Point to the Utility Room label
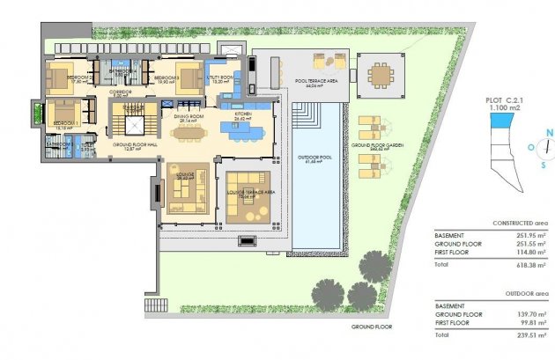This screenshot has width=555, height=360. tap(219, 77)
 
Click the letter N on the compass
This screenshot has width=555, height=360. tap(547, 133)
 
